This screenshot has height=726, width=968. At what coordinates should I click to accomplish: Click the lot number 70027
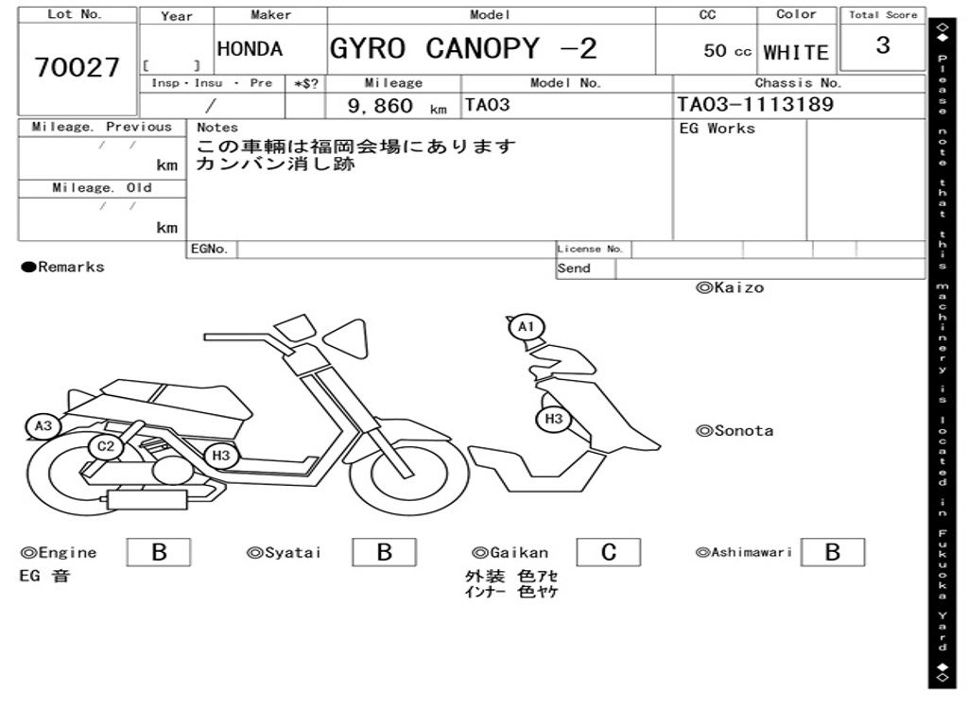[78, 67]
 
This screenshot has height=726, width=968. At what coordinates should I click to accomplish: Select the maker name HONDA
[250, 49]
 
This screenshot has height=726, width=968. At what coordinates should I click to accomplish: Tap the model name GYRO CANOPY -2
[463, 48]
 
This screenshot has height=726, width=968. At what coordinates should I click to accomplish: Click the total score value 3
[883, 44]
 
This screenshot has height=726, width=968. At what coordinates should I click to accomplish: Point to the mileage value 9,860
[380, 106]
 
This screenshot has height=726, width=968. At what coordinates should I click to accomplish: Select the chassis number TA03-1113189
[755, 104]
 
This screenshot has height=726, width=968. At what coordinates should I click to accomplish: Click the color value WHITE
[796, 53]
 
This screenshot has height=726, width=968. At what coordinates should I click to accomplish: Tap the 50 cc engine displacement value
[727, 51]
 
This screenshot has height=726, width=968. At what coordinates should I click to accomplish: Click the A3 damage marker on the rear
[43, 426]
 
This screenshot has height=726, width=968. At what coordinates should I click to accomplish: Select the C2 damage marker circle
[106, 446]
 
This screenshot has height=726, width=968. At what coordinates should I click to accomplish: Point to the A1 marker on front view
[526, 326]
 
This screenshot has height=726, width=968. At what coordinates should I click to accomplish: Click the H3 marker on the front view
[553, 419]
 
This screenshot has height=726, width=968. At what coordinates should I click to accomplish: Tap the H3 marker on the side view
[221, 456]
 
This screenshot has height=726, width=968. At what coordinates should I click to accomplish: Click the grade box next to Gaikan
[609, 552]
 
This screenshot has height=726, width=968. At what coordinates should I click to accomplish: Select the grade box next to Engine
[159, 552]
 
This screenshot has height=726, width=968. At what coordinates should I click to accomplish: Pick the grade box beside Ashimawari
[833, 552]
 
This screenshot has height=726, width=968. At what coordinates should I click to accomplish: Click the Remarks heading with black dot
[63, 267]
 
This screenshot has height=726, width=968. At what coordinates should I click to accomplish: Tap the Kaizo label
[730, 287]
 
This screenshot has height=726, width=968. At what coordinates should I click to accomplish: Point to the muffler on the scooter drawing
[147, 499]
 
